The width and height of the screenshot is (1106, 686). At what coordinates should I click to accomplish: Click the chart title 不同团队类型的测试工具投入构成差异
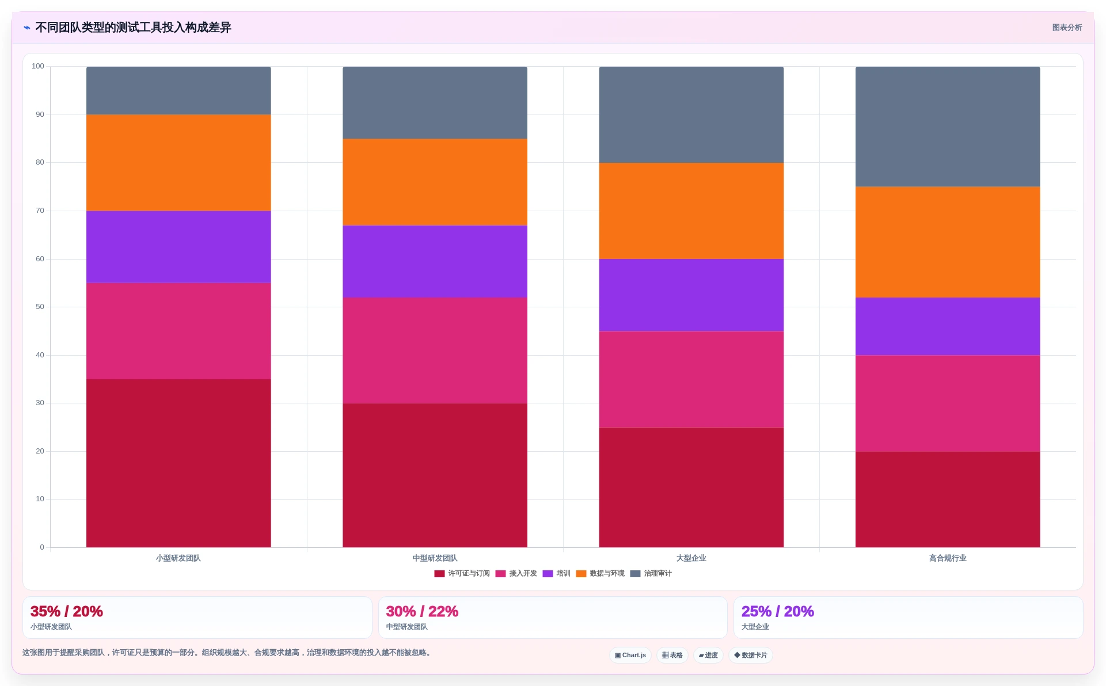pyautogui.click(x=133, y=28)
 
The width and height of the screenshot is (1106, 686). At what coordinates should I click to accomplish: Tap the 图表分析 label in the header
pyautogui.click(x=1067, y=28)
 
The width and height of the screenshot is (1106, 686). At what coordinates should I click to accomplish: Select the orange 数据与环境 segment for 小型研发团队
pyautogui.click(x=178, y=163)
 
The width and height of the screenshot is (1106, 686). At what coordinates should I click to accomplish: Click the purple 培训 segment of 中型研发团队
pyautogui.click(x=435, y=261)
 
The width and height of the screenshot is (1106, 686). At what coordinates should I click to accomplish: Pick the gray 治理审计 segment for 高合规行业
pyautogui.click(x=948, y=127)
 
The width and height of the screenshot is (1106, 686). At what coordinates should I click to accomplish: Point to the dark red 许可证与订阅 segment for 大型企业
pyautogui.click(x=691, y=487)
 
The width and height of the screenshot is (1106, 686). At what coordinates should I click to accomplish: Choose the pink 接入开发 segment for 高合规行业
pyautogui.click(x=948, y=403)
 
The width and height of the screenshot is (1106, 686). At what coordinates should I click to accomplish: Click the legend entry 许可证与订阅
pyautogui.click(x=462, y=574)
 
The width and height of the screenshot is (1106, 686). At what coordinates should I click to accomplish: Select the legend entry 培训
pyautogui.click(x=556, y=574)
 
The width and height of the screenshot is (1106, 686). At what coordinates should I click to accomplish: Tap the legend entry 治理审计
pyautogui.click(x=651, y=574)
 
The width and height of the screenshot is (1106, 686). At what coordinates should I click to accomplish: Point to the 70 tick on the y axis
pyautogui.click(x=40, y=211)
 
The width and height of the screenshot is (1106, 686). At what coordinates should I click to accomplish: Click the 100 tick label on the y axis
pyautogui.click(x=38, y=66)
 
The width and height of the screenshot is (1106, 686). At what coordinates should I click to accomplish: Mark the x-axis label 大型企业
pyautogui.click(x=691, y=558)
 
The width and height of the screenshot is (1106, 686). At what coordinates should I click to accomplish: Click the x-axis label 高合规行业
pyautogui.click(x=948, y=558)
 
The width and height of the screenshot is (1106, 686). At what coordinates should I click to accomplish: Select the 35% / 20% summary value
pyautogui.click(x=67, y=611)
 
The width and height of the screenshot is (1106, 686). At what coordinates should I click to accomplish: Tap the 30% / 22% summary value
pyautogui.click(x=422, y=611)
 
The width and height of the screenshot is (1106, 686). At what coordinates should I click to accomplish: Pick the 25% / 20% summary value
pyautogui.click(x=777, y=611)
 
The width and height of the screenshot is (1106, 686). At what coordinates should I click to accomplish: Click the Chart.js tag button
pyautogui.click(x=630, y=655)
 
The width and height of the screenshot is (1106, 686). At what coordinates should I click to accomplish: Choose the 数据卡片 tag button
pyautogui.click(x=751, y=655)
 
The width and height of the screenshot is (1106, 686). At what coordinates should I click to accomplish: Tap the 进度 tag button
pyautogui.click(x=708, y=655)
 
